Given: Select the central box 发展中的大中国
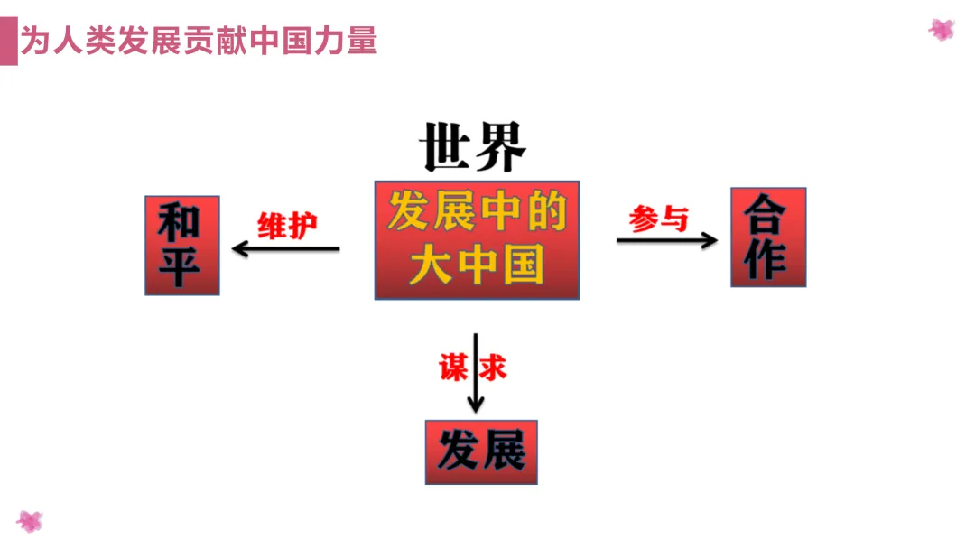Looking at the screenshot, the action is point(477,239).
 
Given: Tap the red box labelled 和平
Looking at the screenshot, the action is point(182,245).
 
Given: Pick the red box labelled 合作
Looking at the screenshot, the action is point(767,237).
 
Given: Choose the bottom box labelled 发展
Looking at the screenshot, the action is point(481,451).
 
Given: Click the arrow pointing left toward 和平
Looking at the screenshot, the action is point(285,248).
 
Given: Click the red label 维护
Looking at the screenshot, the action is point(288,225).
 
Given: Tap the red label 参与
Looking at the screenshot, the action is point(659,218).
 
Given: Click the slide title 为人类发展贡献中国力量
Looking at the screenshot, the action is point(199,41).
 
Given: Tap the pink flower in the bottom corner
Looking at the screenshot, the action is point(30,521).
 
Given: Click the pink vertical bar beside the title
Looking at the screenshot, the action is point(8,42).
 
